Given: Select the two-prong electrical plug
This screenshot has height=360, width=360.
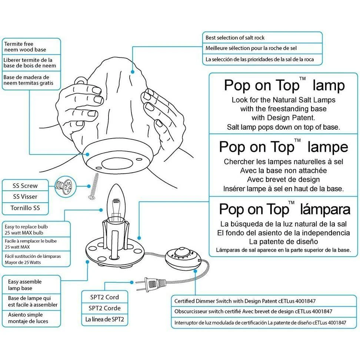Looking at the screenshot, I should [x=150, y=285].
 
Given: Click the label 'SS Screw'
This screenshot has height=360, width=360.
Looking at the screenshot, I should [x=25, y=186].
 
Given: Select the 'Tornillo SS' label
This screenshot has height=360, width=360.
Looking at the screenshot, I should [x=25, y=208].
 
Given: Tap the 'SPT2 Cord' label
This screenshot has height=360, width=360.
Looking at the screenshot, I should [x=104, y=297].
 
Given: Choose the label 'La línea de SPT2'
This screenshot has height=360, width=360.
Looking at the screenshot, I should [x=104, y=319].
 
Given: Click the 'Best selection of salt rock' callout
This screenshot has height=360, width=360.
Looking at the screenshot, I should [x=235, y=38].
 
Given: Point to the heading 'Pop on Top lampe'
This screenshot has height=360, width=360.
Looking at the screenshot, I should [x=283, y=147].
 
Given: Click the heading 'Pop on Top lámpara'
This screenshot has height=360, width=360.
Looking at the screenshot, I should [x=284, y=209].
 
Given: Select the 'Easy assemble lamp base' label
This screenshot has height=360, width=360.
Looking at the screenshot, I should [x=25, y=285].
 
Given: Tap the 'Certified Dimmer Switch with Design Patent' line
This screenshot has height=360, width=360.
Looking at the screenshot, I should [x=245, y=301].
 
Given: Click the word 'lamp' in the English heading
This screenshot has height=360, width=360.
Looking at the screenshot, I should [x=329, y=86].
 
